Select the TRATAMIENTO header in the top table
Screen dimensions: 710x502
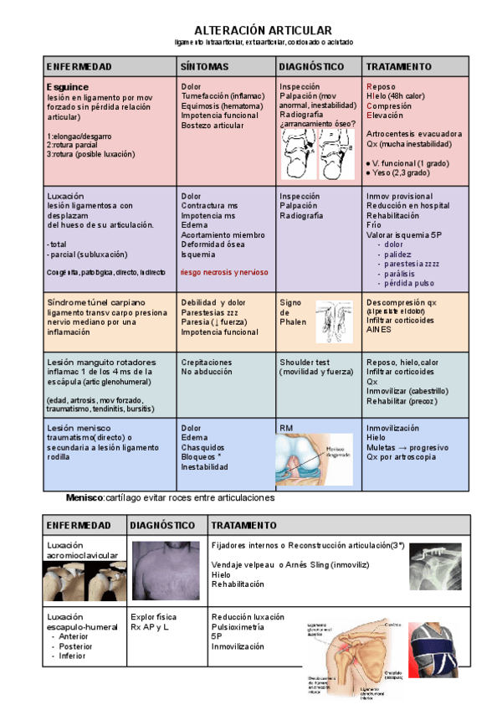click(399, 66)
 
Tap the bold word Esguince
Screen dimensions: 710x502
click(68, 86)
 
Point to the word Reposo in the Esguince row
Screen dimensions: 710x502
click(382, 86)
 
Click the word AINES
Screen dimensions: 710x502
click(379, 330)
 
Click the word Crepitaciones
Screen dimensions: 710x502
click(207, 363)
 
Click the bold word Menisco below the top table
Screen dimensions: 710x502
click(84, 498)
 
